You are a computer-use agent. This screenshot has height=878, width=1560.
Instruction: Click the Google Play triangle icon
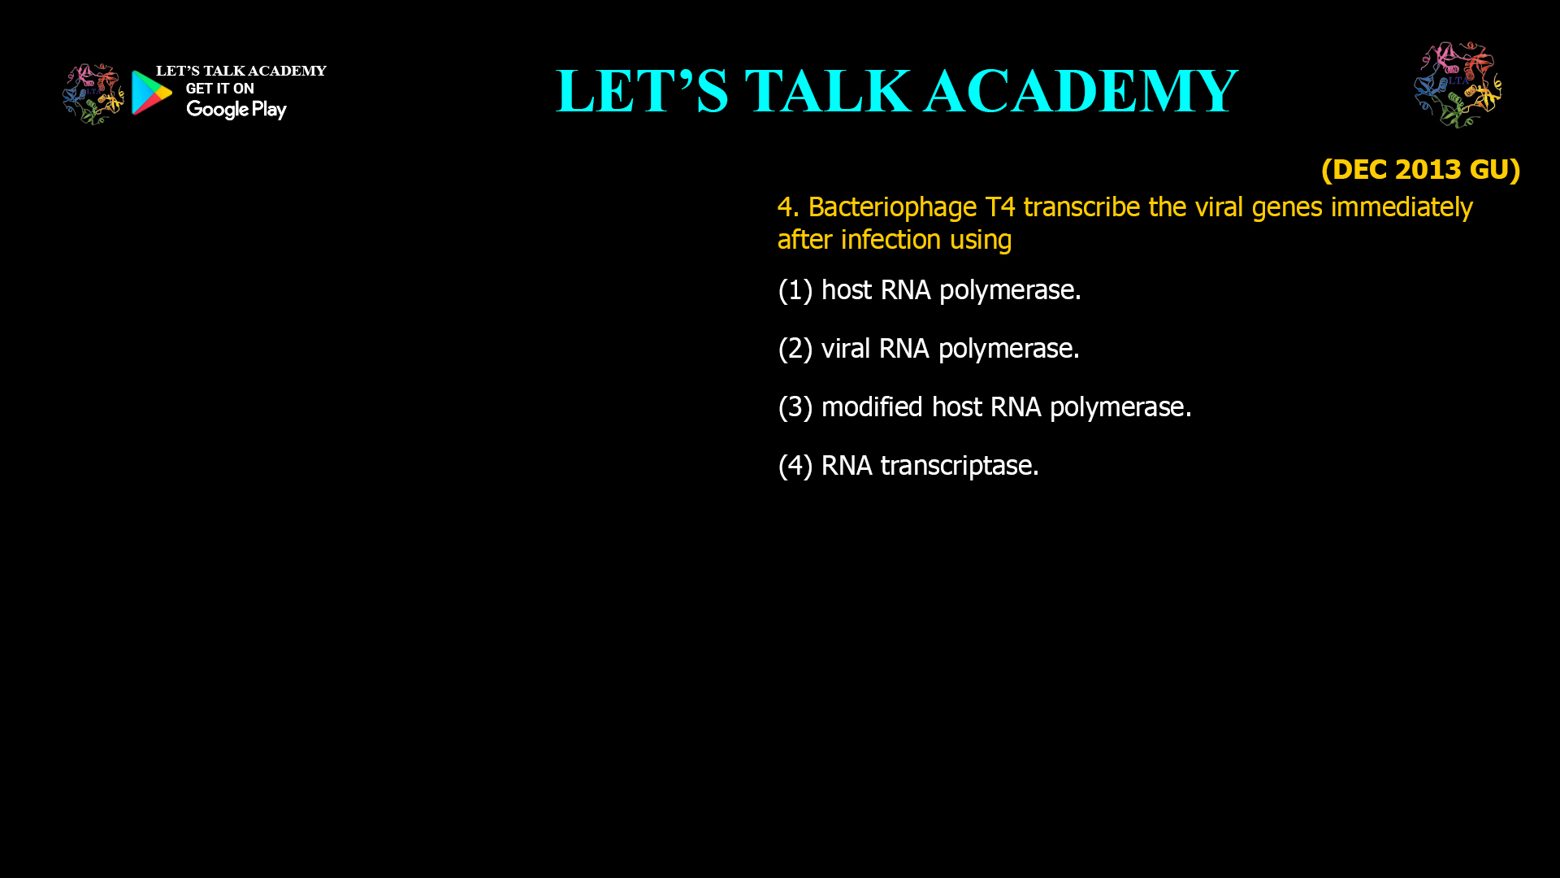[151, 93]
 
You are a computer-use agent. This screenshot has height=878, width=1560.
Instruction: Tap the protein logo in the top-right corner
[1458, 85]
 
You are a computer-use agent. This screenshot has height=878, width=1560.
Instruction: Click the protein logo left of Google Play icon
[93, 94]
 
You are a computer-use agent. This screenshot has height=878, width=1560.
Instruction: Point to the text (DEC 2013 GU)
[1420, 169]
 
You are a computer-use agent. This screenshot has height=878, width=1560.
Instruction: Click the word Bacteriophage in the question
[892, 207]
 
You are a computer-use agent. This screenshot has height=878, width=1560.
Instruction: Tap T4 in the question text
[999, 207]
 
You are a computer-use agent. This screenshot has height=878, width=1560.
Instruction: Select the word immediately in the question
[1401, 207]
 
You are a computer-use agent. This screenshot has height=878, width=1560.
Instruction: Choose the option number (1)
[795, 290]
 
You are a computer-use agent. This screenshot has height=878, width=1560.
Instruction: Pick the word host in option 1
[846, 290]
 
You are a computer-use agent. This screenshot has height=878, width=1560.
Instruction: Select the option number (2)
[795, 349]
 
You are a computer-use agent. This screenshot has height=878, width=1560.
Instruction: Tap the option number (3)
[795, 407]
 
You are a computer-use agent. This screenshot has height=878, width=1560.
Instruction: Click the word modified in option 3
[871, 407]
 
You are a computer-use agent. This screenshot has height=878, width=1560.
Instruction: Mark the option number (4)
[795, 466]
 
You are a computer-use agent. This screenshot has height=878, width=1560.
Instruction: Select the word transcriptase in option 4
[959, 466]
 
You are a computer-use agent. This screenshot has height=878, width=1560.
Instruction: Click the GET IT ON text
[219, 89]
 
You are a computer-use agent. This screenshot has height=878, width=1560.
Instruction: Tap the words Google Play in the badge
[236, 110]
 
